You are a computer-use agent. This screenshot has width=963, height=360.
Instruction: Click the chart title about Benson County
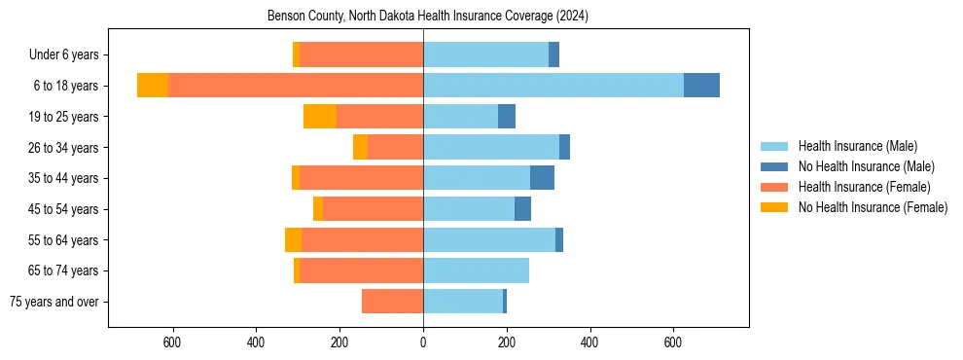click(x=428, y=17)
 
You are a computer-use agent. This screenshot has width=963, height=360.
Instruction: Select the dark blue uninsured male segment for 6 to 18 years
click(x=701, y=86)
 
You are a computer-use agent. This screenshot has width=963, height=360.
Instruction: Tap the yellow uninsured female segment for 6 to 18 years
click(x=153, y=86)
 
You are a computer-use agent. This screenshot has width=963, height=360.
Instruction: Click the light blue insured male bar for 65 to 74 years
click(x=476, y=270)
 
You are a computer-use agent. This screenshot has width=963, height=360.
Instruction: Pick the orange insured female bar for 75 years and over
click(x=392, y=302)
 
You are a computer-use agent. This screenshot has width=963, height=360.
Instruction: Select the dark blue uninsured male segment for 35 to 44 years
click(x=542, y=178)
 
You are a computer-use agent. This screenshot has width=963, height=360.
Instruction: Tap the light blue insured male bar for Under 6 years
click(x=485, y=54)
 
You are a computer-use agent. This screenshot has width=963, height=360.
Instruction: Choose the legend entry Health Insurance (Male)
click(x=857, y=146)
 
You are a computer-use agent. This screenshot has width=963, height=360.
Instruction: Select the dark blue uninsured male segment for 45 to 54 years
click(x=522, y=209)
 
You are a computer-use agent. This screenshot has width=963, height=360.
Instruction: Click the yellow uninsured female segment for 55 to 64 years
click(x=293, y=239)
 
